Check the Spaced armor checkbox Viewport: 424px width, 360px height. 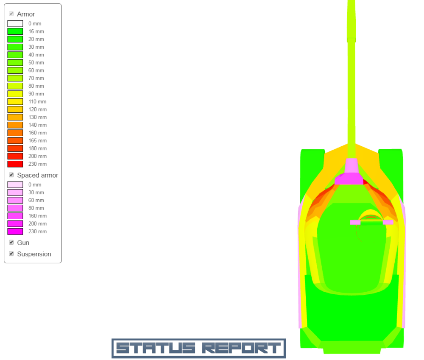point(11,175)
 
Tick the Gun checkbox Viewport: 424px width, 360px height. point(11,243)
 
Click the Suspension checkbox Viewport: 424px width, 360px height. point(11,254)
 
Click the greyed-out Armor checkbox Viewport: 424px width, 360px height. point(11,14)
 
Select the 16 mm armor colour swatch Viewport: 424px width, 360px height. point(15,31)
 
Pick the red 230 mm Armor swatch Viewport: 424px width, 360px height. point(15,164)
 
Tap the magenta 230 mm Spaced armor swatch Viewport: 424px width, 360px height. point(15,232)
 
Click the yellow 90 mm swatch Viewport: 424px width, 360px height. point(15,94)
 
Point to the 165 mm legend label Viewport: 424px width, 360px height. point(38,141)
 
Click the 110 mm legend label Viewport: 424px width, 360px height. point(38,102)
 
